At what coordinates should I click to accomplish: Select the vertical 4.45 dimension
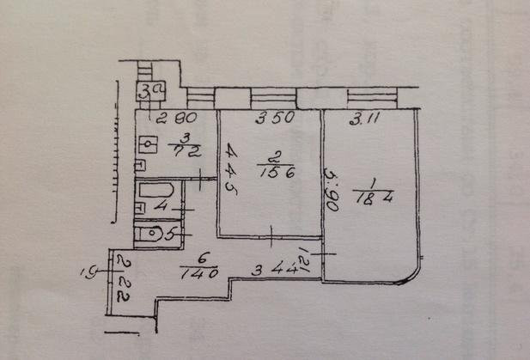[x=229, y=166]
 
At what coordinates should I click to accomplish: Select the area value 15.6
[x=272, y=172]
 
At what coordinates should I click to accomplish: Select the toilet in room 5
[x=152, y=231]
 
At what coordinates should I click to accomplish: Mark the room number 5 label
[x=173, y=232]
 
